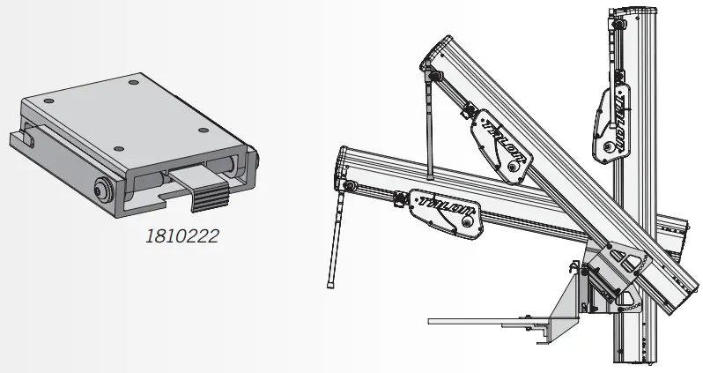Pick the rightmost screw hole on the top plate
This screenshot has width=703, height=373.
203,131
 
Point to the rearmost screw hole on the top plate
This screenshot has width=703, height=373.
133,82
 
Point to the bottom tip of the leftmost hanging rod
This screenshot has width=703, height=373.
331,283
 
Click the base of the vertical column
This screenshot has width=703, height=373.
635,357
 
